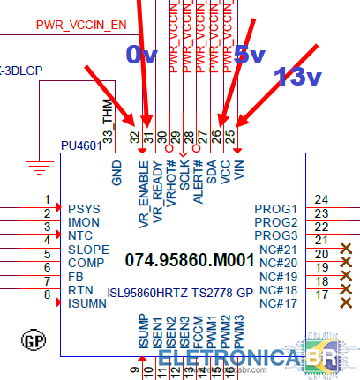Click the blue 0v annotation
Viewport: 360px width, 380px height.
pos(141,56)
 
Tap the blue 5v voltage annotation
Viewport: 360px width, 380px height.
pos(250,56)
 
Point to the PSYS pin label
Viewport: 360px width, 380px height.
pos(83,209)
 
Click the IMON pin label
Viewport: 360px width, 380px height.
pos(83,222)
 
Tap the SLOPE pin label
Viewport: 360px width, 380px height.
pos(87,250)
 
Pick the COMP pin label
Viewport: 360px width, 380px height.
pos(86,263)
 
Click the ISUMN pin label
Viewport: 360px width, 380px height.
pos(88,303)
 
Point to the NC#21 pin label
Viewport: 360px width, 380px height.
pos(279,250)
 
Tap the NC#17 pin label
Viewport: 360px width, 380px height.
pos(279,303)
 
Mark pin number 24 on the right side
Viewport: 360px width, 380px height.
pos(320,200)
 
